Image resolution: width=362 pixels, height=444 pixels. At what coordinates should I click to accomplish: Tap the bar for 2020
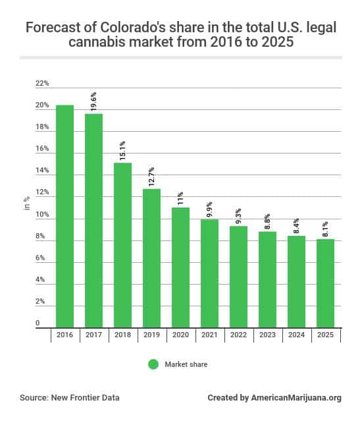click(x=180, y=267)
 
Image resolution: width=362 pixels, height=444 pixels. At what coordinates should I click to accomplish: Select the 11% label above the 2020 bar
click(x=180, y=198)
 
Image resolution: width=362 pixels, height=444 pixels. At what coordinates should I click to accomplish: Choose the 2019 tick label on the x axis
click(x=151, y=335)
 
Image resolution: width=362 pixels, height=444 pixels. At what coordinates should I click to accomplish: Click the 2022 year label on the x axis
click(x=238, y=335)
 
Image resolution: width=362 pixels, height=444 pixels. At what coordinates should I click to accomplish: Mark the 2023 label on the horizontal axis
click(x=267, y=335)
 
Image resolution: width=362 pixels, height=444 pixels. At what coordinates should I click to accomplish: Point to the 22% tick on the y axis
click(x=42, y=84)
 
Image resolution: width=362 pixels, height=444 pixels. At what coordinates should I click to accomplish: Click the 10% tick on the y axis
click(x=42, y=215)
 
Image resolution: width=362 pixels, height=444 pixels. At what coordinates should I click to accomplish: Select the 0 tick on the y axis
click(x=38, y=323)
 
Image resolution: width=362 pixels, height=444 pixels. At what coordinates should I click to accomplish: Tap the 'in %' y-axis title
click(x=27, y=204)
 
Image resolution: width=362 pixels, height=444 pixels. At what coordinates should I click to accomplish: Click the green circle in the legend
click(x=153, y=364)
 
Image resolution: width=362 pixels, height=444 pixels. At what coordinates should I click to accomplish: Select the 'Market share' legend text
click(x=186, y=364)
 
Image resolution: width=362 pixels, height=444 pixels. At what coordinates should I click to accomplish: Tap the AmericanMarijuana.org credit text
click(x=296, y=398)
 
